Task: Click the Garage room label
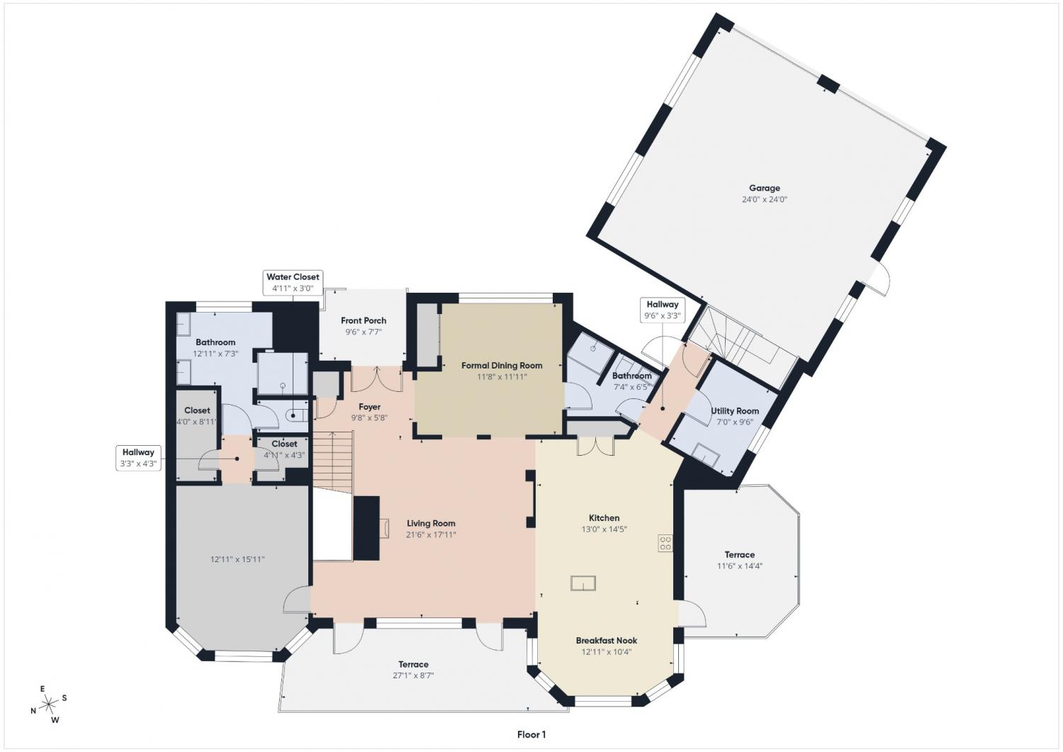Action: tap(764, 188)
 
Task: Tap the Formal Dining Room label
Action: tap(502, 366)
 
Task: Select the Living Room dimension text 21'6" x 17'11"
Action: tap(431, 534)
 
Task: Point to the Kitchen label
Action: tap(604, 518)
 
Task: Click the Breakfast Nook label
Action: tap(607, 641)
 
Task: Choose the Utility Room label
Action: tap(735, 411)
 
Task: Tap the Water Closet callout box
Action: tap(293, 283)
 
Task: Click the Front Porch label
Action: tap(364, 320)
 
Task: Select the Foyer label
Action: tap(369, 407)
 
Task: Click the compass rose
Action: tap(48, 704)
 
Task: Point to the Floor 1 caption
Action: tap(531, 735)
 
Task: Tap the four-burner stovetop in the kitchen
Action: tap(665, 543)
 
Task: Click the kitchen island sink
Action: tap(583, 583)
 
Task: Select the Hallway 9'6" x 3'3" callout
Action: tap(662, 310)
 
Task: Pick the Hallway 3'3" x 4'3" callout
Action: tap(138, 458)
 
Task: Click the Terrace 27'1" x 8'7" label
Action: tap(413, 670)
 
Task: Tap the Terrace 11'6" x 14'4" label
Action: tap(739, 560)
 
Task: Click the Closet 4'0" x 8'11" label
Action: tap(197, 416)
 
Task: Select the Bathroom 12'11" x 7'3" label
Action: tap(215, 347)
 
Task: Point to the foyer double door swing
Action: tap(377, 378)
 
